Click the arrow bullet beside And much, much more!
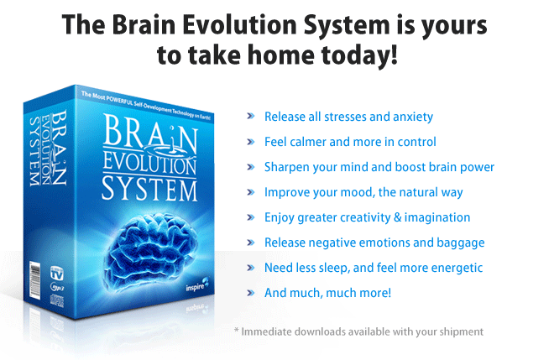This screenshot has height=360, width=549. (x=251, y=294)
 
